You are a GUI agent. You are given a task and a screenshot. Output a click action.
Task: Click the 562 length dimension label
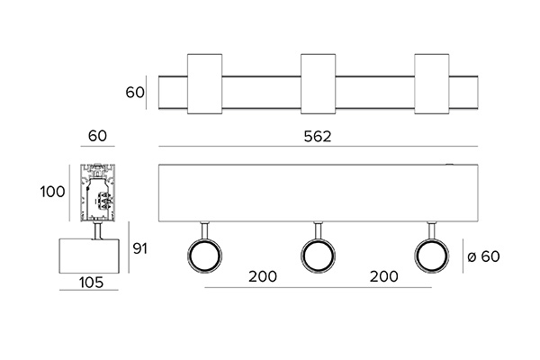pyautogui.click(x=318, y=137)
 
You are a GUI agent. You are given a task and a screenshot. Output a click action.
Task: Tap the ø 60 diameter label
pyautogui.click(x=483, y=256)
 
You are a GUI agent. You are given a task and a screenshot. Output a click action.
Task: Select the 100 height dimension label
pyautogui.click(x=52, y=192)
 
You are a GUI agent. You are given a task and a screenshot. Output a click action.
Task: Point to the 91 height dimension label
pyautogui.click(x=139, y=248)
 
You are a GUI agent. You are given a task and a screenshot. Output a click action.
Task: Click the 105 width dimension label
pyautogui.click(x=91, y=283)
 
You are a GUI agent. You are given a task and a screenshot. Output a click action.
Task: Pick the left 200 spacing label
pyautogui.click(x=263, y=276)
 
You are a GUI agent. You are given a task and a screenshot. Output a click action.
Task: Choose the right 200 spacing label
pyautogui.click(x=384, y=276)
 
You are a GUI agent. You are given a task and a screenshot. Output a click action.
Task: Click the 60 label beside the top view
pyautogui.click(x=135, y=93)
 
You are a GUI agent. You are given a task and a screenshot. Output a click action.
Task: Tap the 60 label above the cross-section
pyautogui.click(x=97, y=136)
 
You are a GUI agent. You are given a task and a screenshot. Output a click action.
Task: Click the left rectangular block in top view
pyautogui.click(x=204, y=84)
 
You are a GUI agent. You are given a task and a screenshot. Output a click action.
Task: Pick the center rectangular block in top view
pyautogui.click(x=319, y=84)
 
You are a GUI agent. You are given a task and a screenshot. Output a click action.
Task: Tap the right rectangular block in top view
pyautogui.click(x=432, y=84)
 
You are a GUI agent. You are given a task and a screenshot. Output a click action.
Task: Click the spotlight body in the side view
pyautogui.click(x=89, y=256)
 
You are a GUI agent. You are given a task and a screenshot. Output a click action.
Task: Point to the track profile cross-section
pyautogui.click(x=98, y=193)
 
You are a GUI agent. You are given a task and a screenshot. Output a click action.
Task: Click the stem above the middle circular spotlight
pyautogui.click(x=319, y=230)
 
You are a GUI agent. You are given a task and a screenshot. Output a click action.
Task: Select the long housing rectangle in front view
pyautogui.click(x=318, y=193)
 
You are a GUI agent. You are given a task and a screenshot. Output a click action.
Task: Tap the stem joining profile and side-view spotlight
pyautogui.click(x=98, y=230)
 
